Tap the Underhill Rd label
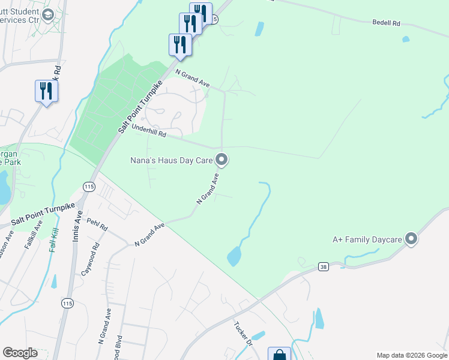click(x=149, y=132)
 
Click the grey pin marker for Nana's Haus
click(x=221, y=160)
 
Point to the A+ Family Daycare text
click(x=367, y=239)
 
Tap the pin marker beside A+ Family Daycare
click(x=411, y=239)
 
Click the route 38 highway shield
click(x=323, y=266)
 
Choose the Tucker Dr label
click(x=243, y=333)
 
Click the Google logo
click(x=20, y=353)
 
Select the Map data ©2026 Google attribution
click(x=412, y=355)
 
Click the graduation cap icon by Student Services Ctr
click(x=48, y=14)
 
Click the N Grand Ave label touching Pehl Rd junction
click(x=149, y=234)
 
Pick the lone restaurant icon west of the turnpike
click(x=46, y=91)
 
